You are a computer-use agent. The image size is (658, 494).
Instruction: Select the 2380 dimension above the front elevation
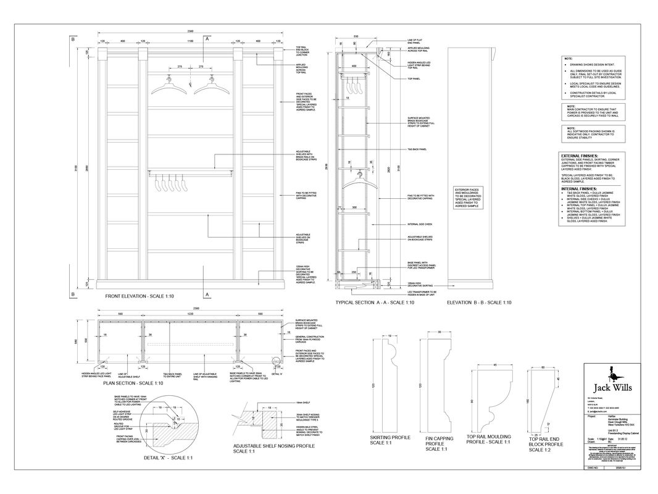(191, 31)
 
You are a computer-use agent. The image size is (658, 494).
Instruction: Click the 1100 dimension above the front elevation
(191, 41)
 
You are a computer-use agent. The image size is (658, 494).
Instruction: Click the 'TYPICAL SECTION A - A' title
(374, 303)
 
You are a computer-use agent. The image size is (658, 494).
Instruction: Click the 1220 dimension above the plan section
(191, 314)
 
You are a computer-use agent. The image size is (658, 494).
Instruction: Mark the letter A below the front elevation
(207, 295)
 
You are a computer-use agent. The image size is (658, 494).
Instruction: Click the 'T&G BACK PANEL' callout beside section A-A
(418, 149)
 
